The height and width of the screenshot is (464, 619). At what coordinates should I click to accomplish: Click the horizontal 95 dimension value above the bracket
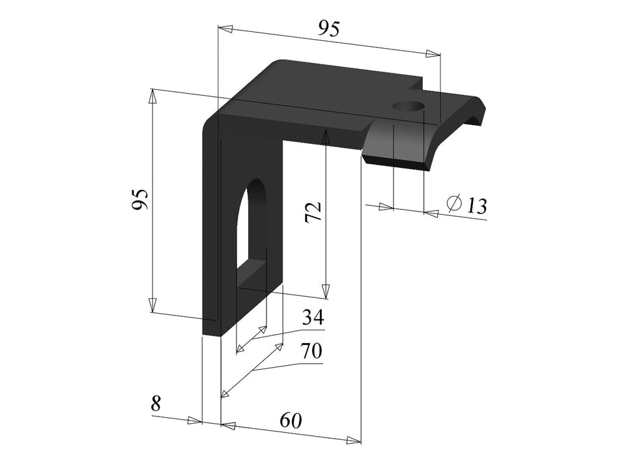pos(329,29)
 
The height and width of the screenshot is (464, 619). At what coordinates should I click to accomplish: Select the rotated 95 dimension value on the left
pos(140,200)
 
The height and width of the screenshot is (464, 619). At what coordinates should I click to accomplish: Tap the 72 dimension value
pos(313,212)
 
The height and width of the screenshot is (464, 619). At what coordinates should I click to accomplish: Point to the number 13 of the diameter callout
pos(476,206)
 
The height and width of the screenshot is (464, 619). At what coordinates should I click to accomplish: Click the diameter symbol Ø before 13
pos(454,204)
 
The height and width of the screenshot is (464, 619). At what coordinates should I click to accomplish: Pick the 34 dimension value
pos(313,318)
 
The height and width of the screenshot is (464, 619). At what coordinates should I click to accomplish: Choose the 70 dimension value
pos(311,351)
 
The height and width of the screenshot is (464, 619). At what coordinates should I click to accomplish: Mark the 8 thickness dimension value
pos(156,403)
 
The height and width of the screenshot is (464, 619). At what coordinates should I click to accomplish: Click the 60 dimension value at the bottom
pos(291,420)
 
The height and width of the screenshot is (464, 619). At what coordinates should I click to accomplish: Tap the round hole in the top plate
pos(408,105)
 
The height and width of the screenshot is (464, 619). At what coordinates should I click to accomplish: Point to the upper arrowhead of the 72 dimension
pos(324,136)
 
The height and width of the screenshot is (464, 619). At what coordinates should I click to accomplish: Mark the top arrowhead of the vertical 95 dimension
pos(153,96)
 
